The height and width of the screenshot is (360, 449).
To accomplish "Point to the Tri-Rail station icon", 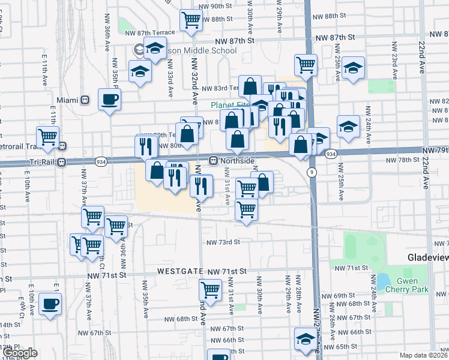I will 62,163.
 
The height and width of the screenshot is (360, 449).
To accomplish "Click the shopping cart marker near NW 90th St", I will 191,19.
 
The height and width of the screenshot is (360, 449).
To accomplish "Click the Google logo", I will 20,353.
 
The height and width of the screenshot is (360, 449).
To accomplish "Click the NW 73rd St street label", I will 223,242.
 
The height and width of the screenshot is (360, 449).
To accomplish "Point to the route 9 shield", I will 312,173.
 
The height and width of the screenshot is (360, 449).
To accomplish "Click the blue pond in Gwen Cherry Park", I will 382,280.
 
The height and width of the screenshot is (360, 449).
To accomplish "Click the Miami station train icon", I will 85,100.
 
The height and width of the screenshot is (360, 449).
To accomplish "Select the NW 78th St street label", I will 402,160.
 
